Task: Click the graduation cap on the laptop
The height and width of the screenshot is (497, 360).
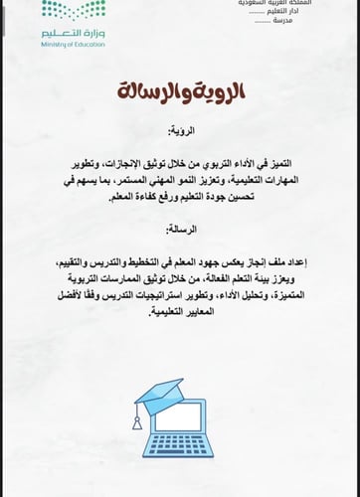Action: [160, 391]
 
